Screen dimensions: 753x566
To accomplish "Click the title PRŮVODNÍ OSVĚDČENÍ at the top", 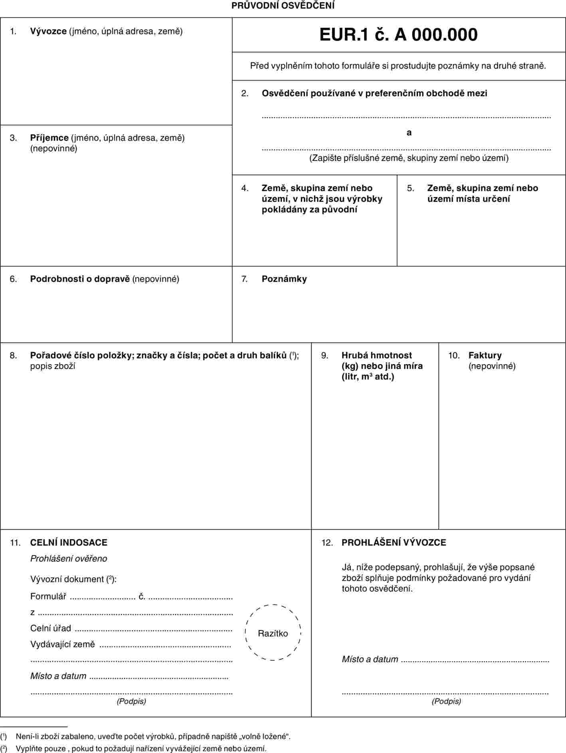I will coord(283,6).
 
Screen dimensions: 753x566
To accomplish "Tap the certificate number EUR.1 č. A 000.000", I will coord(398,35).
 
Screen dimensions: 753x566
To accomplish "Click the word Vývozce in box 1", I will coord(48,31).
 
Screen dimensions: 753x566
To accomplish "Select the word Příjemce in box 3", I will coord(49,138).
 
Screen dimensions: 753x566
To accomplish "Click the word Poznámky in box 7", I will coord(284,279).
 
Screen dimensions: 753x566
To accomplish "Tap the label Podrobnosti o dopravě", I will coord(80,279).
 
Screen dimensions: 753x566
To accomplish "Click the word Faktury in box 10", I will coord(485,355).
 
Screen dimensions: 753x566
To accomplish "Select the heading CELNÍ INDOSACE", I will coord(69,543).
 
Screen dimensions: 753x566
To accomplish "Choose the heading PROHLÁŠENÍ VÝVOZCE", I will coord(394,543).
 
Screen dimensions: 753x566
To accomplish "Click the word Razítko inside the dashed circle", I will coord(273,633).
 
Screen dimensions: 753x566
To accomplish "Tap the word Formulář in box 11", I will coord(48,596).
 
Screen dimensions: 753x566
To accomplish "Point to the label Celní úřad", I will coord(51,628).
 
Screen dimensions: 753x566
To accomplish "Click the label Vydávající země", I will coord(63,644).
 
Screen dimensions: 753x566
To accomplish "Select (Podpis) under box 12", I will coord(446,701).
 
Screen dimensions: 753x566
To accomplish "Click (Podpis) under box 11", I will coord(131,701).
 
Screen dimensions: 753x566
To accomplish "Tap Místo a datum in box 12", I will coord(370,659).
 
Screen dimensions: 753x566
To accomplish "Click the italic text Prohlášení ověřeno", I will coord(69,559).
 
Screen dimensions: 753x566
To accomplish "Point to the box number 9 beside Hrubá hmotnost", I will coord(325,355).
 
